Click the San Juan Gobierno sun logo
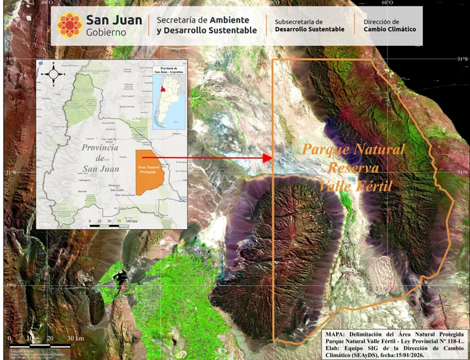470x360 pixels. point(70,25)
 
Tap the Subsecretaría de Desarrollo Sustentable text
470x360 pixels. point(309,25)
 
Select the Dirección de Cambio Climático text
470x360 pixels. point(390,25)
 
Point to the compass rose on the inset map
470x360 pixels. point(54,74)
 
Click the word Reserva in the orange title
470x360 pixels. point(353,168)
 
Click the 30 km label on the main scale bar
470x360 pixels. point(75,338)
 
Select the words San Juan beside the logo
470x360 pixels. point(114,20)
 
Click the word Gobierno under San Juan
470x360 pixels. point(106,32)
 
